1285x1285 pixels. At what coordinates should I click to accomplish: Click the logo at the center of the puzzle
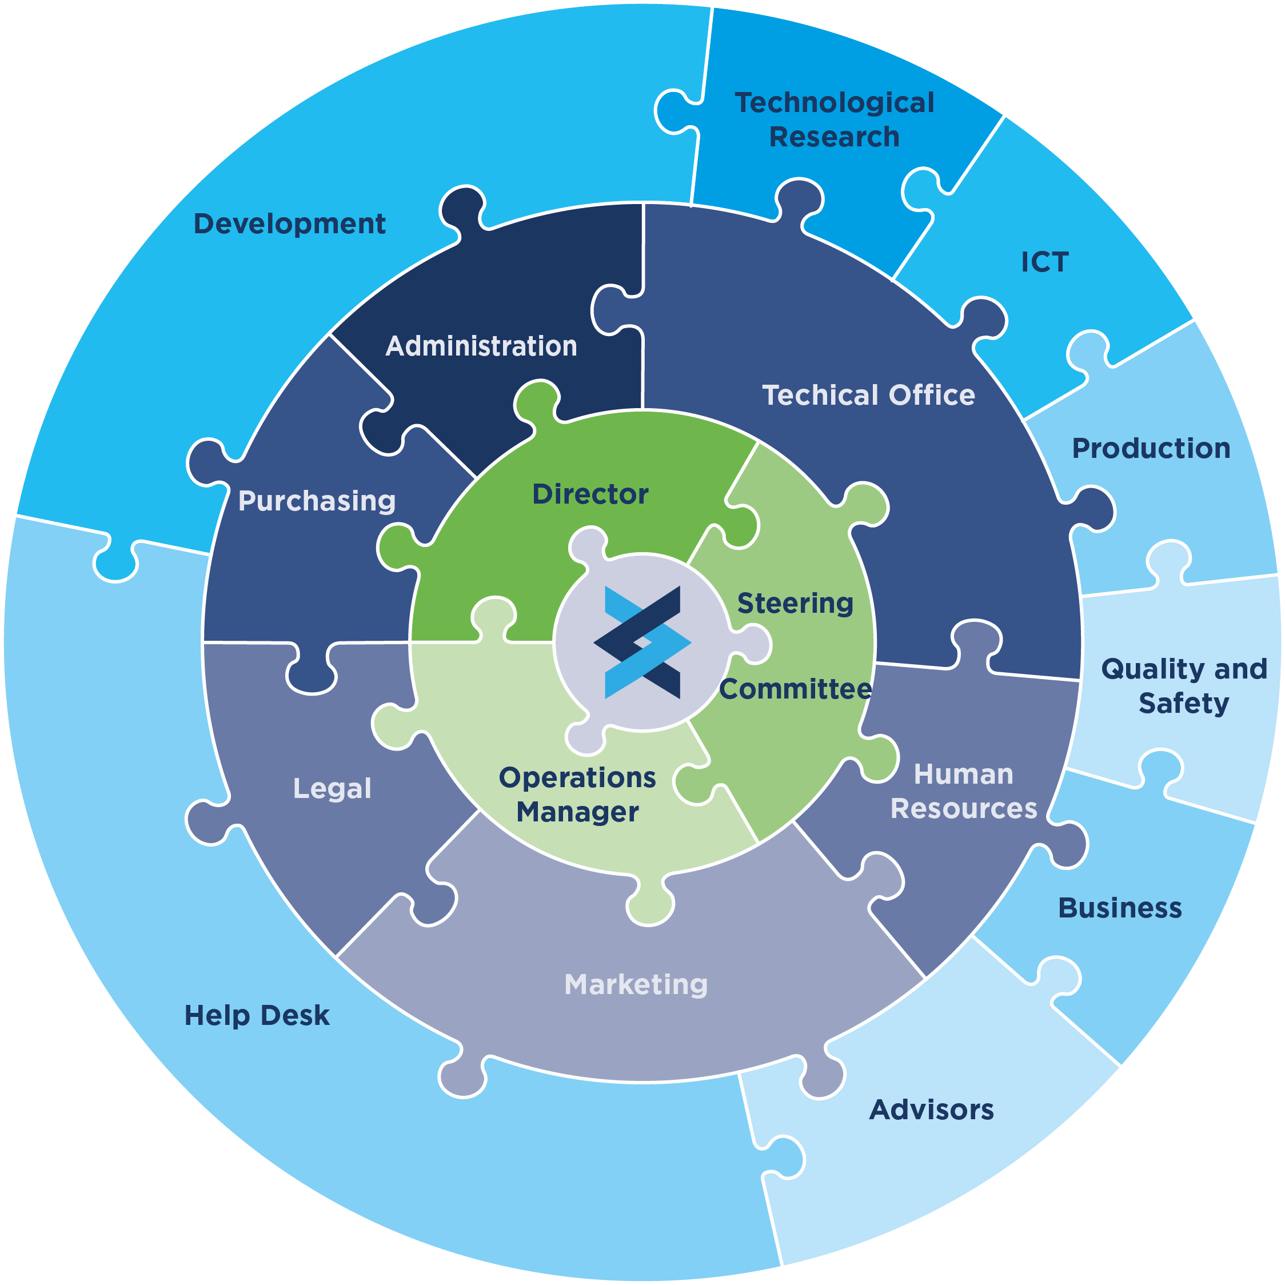tap(642, 642)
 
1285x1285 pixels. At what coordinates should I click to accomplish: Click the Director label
tap(590, 494)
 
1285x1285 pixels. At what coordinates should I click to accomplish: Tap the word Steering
tap(795, 603)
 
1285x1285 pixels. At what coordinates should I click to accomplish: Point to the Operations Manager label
tap(577, 795)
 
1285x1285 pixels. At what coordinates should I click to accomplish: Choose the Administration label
tap(481, 346)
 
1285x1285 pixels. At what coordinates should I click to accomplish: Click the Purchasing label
tap(317, 501)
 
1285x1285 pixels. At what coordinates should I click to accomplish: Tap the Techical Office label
tap(868, 395)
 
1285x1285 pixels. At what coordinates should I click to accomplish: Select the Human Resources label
tap(964, 792)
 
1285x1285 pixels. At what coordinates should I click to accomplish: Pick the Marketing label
tap(636, 984)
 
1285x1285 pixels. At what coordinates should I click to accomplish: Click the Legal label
tap(332, 789)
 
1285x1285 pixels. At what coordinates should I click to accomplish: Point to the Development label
tap(289, 224)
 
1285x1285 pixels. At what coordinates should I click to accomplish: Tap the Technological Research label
tap(834, 119)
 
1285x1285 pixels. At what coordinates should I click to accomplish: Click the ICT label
tap(1045, 262)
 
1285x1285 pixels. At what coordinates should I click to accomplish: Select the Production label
tap(1151, 449)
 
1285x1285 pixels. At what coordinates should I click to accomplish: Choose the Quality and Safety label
tap(1184, 686)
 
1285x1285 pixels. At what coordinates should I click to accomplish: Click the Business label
tap(1120, 908)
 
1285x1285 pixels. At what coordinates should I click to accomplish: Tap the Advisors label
tap(931, 1110)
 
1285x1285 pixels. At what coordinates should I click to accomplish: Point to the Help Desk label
tap(257, 1016)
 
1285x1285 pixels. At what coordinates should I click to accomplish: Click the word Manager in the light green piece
tap(577, 812)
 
